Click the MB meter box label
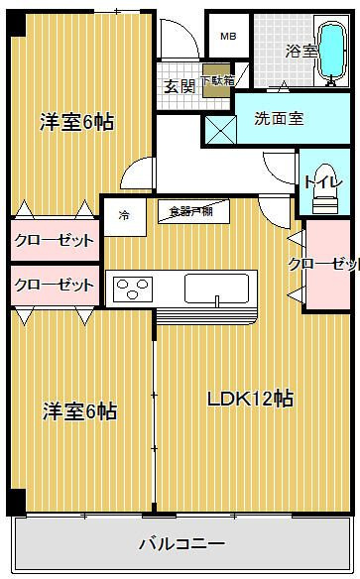[x=228, y=37]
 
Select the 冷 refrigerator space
[x=124, y=214]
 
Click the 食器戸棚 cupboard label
[x=193, y=210]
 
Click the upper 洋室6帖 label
[x=77, y=122]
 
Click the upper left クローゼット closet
[x=54, y=240]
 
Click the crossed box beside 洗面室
[x=218, y=129]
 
